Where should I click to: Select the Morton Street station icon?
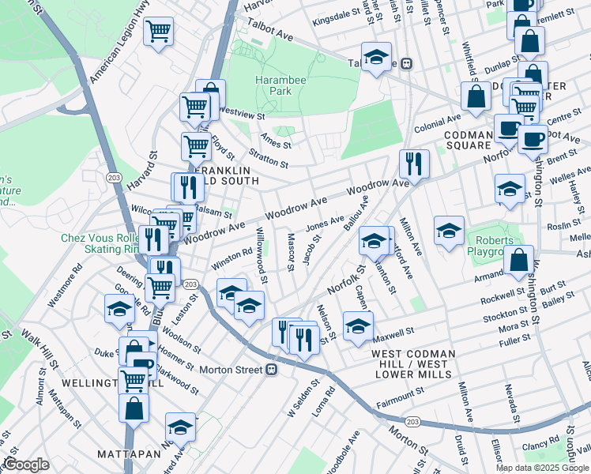[272, 369]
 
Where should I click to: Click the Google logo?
[25, 465]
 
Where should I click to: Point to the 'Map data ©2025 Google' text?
[541, 468]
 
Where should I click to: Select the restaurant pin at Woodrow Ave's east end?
[413, 164]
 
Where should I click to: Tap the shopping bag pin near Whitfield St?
[476, 97]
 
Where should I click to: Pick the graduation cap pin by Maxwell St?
[358, 325]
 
